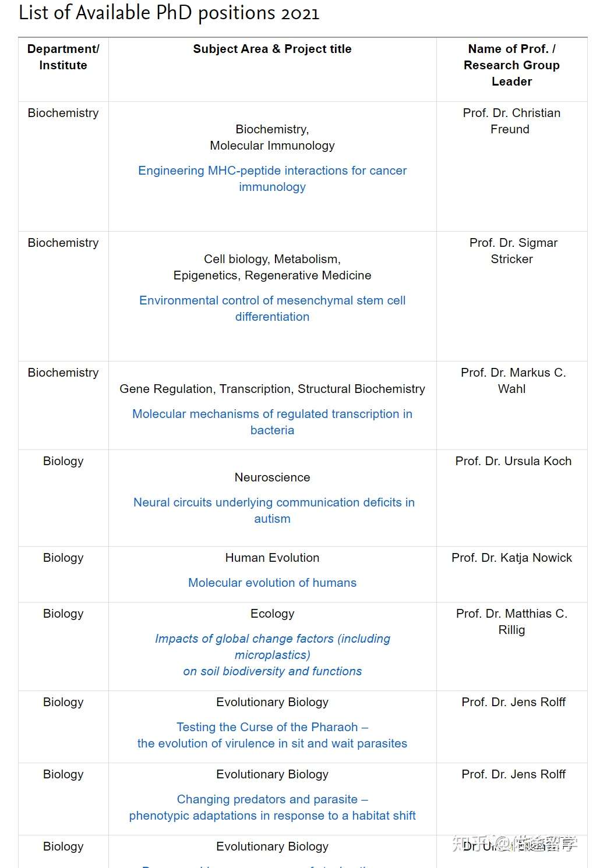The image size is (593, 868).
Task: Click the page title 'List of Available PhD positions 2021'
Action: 169,13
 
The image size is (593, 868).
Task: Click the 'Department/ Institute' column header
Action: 63,57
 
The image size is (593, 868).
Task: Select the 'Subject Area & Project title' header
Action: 272,49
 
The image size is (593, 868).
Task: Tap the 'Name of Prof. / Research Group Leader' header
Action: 511,65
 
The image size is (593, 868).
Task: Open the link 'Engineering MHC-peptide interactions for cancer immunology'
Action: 272,179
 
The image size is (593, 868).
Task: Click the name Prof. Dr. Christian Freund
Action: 511,121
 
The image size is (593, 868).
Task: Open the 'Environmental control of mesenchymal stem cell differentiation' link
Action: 272,309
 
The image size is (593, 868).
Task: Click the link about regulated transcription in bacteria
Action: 272,422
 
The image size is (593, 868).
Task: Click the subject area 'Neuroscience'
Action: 272,477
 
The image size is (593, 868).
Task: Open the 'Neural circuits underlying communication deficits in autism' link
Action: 273,511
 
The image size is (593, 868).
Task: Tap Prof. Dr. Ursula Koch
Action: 513,461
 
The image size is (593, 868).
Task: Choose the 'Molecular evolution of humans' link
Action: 272,583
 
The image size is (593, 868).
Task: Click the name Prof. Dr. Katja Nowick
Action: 511,558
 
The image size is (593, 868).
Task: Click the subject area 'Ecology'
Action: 272,614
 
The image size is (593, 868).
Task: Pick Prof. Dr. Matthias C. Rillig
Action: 511,622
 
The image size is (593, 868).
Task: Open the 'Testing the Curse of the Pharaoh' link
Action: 272,735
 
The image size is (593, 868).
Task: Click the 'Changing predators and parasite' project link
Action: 272,807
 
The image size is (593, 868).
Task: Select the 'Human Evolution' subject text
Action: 272,558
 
